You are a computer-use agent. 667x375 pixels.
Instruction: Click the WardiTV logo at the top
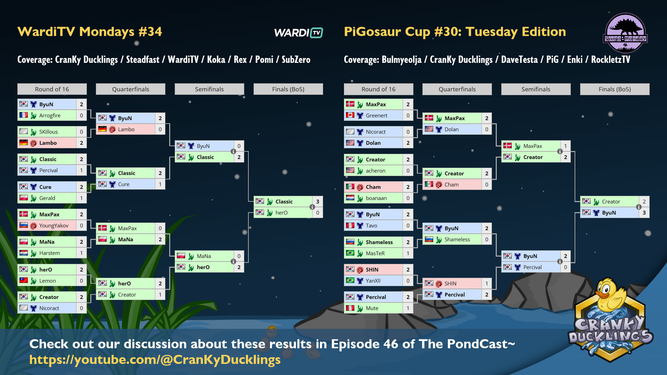coord(298,33)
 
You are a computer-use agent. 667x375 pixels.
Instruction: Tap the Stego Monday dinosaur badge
coord(625,33)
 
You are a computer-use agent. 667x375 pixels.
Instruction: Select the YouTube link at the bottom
coord(155,360)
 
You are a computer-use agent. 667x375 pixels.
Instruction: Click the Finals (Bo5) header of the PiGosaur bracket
coord(615,89)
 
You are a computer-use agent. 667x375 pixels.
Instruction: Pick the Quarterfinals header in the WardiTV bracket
coord(131,89)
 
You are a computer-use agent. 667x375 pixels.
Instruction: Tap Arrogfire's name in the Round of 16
coord(50,116)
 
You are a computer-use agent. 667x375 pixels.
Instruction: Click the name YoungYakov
coord(54,226)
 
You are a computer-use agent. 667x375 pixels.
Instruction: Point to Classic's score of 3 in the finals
coord(318,202)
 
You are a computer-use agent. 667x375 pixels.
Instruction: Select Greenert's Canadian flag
coord(350,115)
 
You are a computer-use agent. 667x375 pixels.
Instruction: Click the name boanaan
coord(376,198)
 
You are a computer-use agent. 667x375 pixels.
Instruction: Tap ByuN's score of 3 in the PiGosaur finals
coord(644,213)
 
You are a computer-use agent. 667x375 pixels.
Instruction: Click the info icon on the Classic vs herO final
coord(312,207)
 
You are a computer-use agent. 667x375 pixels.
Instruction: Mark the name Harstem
coord(49,253)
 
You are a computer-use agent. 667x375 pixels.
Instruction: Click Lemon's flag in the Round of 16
coord(24,280)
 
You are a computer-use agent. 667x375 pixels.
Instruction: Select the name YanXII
coord(373,281)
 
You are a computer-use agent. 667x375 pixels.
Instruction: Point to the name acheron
coord(376,171)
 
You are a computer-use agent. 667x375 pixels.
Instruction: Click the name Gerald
coord(47,198)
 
